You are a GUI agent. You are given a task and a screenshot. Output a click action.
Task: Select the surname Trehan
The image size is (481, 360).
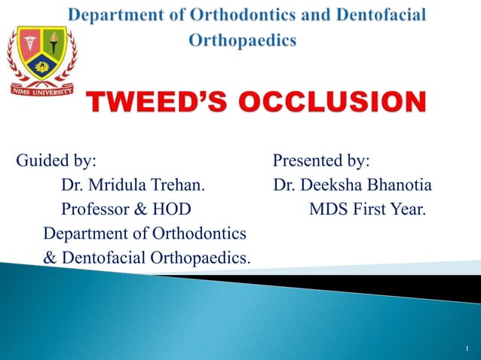coord(180,185)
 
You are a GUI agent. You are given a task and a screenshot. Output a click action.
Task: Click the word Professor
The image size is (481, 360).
coord(94,209)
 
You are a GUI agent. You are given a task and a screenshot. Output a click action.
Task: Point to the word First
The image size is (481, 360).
coord(371,209)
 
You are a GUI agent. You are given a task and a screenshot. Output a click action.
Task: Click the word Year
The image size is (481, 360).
coord(409,209)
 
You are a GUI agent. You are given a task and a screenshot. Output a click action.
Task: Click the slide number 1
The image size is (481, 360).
coord(467,349)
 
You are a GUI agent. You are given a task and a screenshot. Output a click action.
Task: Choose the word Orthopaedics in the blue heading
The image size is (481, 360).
coord(242,41)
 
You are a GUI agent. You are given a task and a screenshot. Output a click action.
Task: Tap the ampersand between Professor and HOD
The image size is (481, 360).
coord(139,209)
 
